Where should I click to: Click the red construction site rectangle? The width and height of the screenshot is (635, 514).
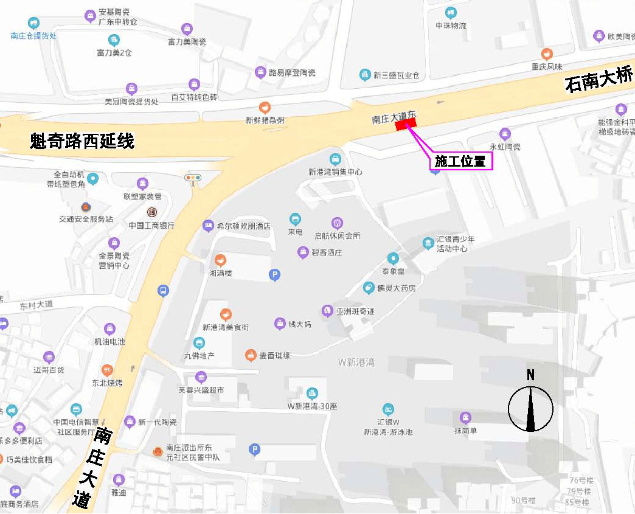[406, 124]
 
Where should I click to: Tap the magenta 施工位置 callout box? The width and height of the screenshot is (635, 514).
[460, 162]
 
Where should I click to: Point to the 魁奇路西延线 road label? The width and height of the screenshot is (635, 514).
[82, 142]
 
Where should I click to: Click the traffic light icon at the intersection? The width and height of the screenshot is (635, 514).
[193, 178]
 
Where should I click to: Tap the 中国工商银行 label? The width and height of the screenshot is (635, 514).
[151, 225]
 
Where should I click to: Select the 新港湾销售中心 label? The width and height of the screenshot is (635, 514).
[335, 172]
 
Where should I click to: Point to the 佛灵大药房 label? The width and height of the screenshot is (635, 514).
[396, 288]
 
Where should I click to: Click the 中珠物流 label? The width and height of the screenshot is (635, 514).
[451, 26]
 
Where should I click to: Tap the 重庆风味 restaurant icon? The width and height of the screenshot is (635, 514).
[547, 54]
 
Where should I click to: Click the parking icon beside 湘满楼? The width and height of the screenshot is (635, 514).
[274, 276]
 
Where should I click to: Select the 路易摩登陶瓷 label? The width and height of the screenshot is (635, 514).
[292, 73]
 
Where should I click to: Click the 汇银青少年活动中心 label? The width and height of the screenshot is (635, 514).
[456, 244]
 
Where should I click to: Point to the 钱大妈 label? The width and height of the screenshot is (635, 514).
[299, 324]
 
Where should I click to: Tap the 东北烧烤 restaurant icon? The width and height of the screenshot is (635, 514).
[108, 370]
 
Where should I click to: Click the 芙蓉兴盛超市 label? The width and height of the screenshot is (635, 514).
[201, 390]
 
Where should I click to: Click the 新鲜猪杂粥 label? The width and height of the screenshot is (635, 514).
[265, 120]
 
